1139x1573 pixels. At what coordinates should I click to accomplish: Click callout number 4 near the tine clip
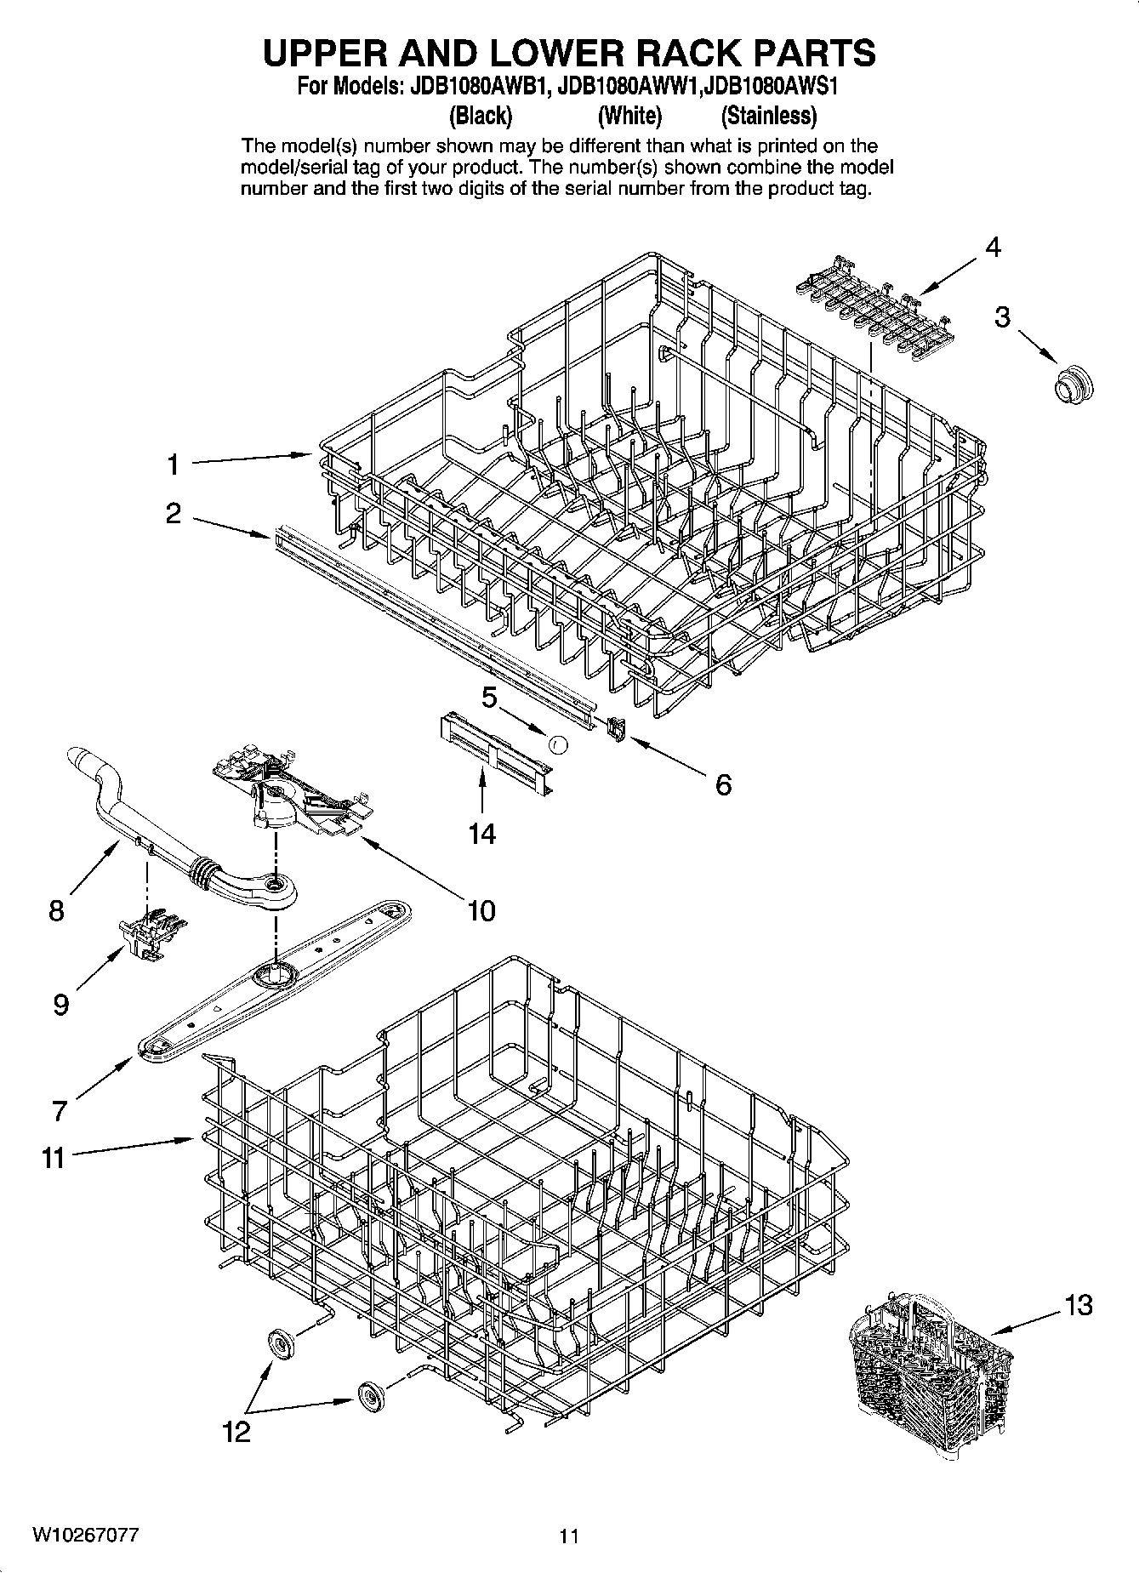(992, 248)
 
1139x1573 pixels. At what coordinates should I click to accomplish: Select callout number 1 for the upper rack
(173, 464)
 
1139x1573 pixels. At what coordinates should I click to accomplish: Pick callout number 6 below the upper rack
(722, 784)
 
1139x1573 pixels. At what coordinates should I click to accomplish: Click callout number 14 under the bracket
(481, 833)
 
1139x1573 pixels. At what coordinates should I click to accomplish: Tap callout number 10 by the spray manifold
(481, 910)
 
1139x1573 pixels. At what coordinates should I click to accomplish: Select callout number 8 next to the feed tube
(56, 910)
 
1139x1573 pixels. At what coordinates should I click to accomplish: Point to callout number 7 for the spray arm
(59, 1110)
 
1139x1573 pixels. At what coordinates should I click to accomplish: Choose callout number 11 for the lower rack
(54, 1157)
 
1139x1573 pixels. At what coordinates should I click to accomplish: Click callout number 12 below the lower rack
(236, 1432)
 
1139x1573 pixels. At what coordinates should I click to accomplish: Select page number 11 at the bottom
(568, 1536)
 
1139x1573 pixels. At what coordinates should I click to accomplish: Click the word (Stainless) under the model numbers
(768, 115)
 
